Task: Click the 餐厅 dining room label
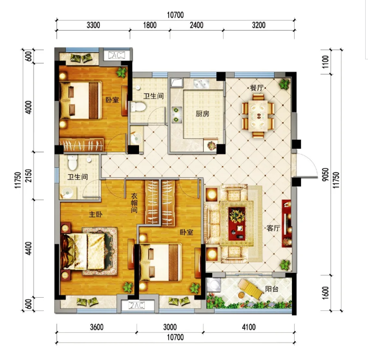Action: pyautogui.click(x=257, y=88)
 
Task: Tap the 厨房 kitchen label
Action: pyautogui.click(x=202, y=114)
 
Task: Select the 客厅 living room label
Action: pyautogui.click(x=273, y=228)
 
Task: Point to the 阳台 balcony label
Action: pyautogui.click(x=272, y=289)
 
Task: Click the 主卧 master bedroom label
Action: pyautogui.click(x=96, y=214)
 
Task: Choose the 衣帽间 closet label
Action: pyautogui.click(x=134, y=202)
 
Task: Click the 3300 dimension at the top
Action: pyautogui.click(x=93, y=25)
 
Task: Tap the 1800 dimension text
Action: pyautogui.click(x=150, y=25)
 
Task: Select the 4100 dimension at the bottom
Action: pyautogui.click(x=249, y=327)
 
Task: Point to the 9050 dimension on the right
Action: pyautogui.click(x=325, y=174)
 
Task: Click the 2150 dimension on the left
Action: pyautogui.click(x=29, y=175)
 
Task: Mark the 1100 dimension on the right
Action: pyautogui.click(x=325, y=62)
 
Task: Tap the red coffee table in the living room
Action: pyautogui.click(x=237, y=223)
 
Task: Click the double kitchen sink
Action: pyautogui.click(x=201, y=83)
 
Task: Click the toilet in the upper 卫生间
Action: pyautogui.click(x=138, y=107)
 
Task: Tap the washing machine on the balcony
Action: pyautogui.click(x=213, y=285)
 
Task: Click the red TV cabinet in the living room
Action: pyautogui.click(x=287, y=223)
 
